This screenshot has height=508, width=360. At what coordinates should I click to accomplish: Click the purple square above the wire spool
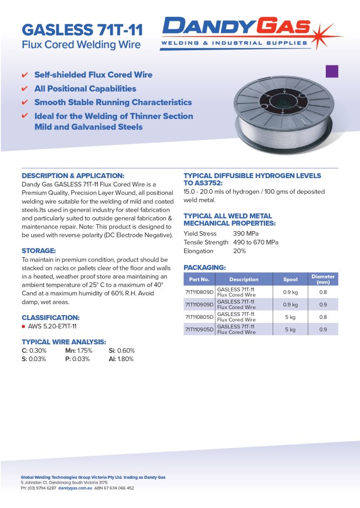(332, 71)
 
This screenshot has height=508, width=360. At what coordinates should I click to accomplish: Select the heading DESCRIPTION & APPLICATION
(72, 176)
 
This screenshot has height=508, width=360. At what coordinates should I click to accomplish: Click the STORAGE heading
(39, 251)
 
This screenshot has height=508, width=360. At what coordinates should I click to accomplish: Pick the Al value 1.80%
(126, 359)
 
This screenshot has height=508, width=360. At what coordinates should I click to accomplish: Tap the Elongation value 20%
(239, 251)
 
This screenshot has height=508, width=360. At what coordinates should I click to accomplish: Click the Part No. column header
(199, 279)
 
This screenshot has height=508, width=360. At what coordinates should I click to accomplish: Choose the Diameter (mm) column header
(323, 279)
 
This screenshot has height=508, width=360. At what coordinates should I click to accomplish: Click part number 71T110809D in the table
(199, 292)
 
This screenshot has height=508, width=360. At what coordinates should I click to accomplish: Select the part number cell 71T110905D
(199, 329)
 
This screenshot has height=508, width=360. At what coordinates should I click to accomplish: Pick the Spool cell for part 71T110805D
(290, 317)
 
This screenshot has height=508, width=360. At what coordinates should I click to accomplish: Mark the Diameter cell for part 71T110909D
(323, 305)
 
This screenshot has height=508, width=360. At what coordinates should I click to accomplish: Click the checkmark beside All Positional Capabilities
(25, 89)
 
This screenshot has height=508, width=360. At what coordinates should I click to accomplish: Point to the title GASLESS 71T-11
(82, 30)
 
